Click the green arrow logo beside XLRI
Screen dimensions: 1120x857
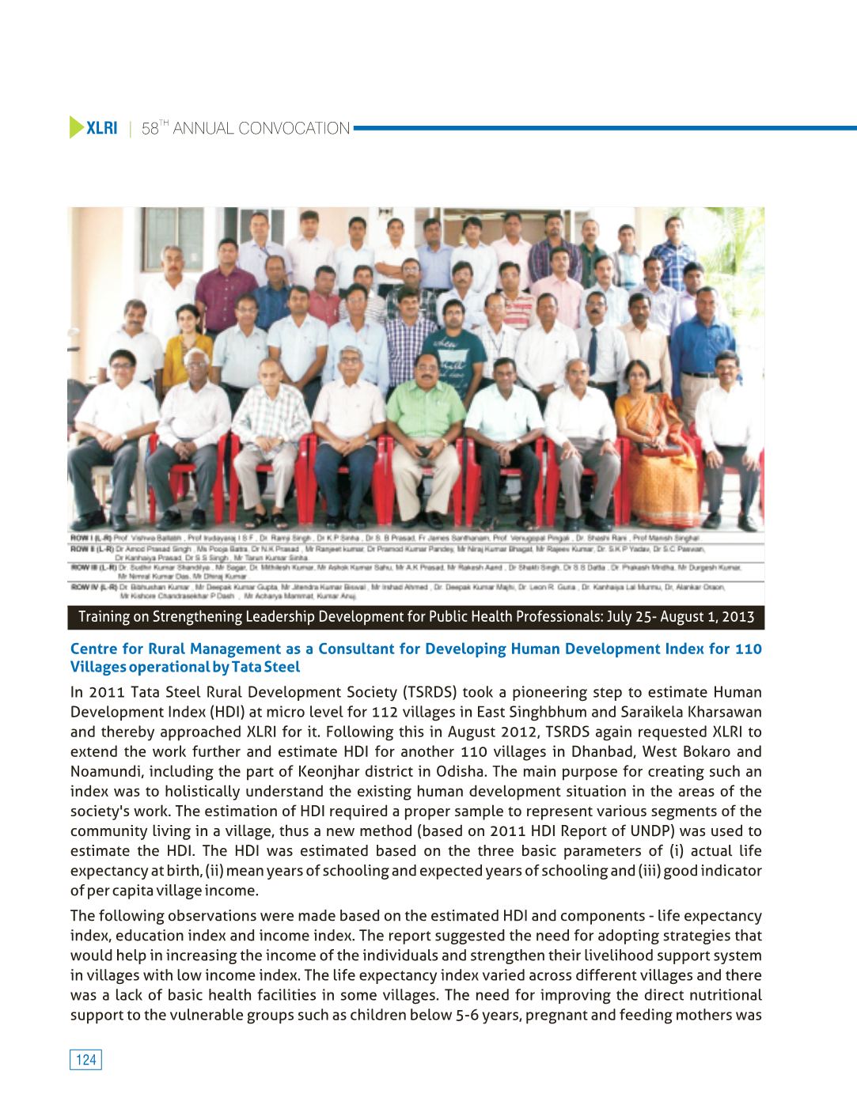(x=77, y=127)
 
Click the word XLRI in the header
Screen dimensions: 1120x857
(x=102, y=128)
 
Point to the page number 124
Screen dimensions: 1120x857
(x=85, y=1060)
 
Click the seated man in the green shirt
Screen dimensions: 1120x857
(x=425, y=427)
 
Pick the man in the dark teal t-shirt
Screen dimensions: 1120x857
(x=453, y=348)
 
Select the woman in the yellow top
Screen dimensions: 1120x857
(x=187, y=348)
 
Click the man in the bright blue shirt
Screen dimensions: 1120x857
(x=703, y=340)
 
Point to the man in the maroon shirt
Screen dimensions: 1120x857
(x=226, y=285)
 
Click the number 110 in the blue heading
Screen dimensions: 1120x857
(x=748, y=649)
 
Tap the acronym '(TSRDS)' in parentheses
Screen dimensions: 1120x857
(x=430, y=692)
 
